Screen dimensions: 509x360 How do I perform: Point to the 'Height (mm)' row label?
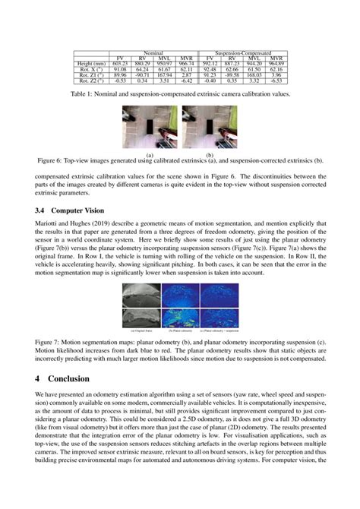tap(92, 64)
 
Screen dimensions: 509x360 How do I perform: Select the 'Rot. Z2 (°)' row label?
tap(92, 81)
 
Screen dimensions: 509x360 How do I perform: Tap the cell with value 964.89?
tap(276, 64)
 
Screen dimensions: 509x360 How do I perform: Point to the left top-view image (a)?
tap(150, 128)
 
